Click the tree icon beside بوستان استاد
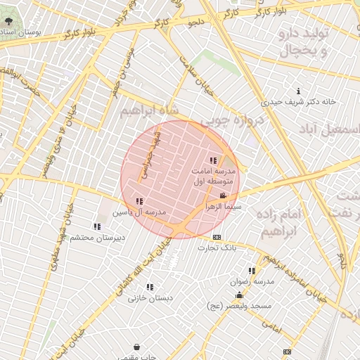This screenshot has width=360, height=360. (8, 22)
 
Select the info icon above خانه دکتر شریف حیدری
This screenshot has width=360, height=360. (300, 91)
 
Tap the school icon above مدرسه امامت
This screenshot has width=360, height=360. (213, 161)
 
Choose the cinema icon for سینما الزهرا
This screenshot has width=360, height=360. (224, 196)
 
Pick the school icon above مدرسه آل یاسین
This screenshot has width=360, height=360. (139, 202)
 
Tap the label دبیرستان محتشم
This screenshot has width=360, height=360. (97, 238)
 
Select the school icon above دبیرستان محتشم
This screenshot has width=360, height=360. (97, 226)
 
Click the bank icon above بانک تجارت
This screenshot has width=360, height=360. (217, 237)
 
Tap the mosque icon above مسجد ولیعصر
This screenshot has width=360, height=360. (239, 295)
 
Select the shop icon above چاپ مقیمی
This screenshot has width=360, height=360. (136, 347)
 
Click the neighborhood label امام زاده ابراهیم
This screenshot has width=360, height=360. (279, 221)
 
